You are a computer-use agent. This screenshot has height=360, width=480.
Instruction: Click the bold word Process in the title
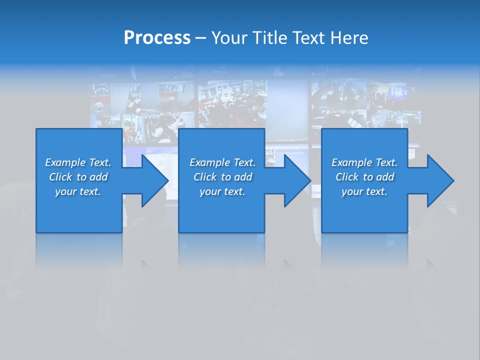157,38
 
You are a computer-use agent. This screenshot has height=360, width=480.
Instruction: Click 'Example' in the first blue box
65,162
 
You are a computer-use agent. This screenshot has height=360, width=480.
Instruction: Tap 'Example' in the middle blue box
209,162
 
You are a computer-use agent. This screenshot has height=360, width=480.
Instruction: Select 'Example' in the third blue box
351,162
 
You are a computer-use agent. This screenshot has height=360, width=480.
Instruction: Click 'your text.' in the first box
78,191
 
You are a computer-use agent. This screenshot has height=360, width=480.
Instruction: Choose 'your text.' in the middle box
222,191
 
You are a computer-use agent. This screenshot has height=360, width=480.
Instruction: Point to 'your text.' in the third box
364,191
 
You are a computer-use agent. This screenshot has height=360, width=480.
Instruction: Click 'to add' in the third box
381,177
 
